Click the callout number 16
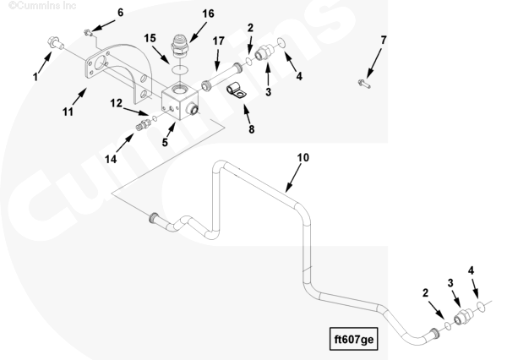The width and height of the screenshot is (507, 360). pos(208,14)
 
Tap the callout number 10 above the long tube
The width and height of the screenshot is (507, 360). pos(303,157)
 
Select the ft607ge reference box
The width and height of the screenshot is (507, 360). pos(354,339)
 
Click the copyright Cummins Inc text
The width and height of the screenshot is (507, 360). pos(42,6)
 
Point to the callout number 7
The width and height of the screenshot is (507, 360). pos(383,41)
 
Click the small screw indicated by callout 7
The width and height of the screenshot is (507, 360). pos(364,84)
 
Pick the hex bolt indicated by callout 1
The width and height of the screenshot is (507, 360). pos(55,43)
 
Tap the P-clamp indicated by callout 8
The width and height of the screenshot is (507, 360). pos(236,90)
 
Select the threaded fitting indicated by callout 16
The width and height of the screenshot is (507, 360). pos(179,46)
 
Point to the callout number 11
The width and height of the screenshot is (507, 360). pos(68,112)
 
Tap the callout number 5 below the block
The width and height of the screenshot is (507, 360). pos(165,142)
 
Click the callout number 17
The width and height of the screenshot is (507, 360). pos(218,41)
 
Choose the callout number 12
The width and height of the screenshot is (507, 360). pos(117,103)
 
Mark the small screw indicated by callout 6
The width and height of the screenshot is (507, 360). pos(87,32)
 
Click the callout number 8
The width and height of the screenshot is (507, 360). pos(252,129)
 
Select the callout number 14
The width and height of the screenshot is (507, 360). pos(111,159)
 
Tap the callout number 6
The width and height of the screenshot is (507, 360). pos(120,13)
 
